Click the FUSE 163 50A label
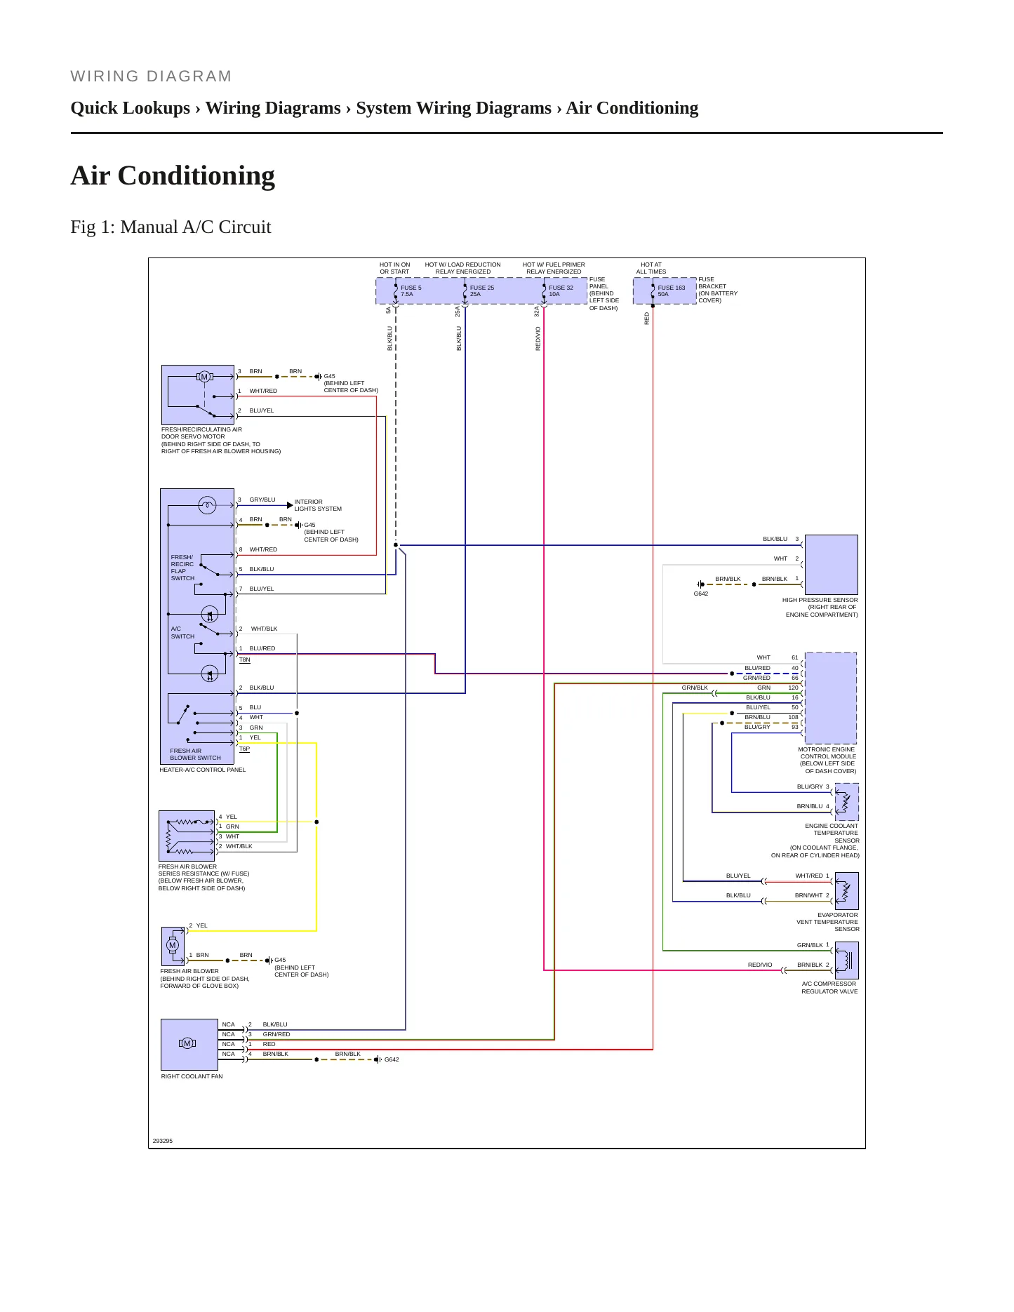tap(671, 290)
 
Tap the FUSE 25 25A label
tap(481, 290)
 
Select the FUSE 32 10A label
tap(561, 290)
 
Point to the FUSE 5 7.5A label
tap(411, 290)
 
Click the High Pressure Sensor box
tap(832, 565)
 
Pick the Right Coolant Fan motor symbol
tap(187, 1043)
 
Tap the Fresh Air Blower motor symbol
tap(173, 945)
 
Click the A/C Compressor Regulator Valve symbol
tap(847, 959)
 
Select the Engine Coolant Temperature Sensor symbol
tap(847, 802)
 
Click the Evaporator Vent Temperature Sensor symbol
tap(847, 890)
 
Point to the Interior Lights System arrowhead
tap(290, 505)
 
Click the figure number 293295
tap(163, 1141)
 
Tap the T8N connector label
tap(244, 660)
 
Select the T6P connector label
tap(244, 749)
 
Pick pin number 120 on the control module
tap(793, 688)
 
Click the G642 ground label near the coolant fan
tap(392, 1059)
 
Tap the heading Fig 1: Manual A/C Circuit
tap(171, 227)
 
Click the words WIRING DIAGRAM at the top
tap(151, 76)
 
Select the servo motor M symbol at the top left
tap(204, 377)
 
